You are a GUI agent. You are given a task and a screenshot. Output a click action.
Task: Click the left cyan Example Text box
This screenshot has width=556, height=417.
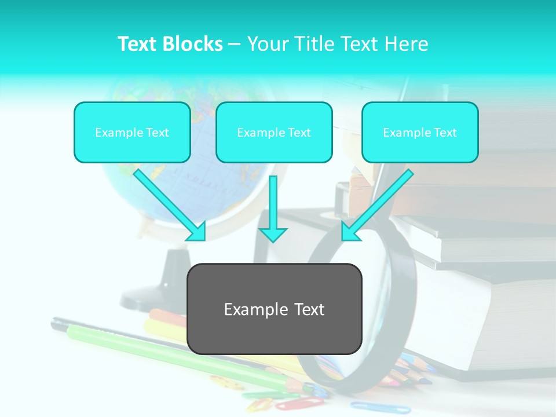132,132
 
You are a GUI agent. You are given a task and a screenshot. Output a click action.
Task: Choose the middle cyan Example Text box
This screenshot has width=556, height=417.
274,132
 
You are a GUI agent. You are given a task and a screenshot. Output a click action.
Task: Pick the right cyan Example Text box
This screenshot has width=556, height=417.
420,132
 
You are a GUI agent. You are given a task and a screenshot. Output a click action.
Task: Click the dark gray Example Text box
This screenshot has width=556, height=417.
274,309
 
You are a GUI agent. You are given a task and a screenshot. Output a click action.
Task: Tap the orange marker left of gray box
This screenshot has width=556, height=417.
168,317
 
